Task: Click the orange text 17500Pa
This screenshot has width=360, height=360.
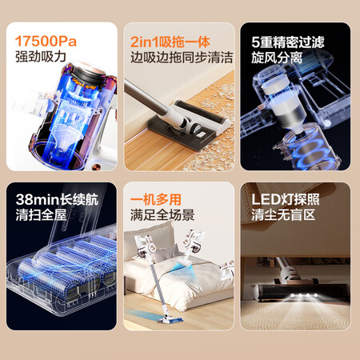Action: [46, 42]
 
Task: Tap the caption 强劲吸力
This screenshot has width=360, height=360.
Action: [41, 57]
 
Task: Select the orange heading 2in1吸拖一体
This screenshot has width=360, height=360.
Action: [170, 42]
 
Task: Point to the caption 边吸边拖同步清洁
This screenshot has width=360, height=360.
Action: [182, 58]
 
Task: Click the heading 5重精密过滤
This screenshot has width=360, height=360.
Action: [288, 42]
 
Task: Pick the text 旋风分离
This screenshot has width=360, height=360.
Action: [277, 58]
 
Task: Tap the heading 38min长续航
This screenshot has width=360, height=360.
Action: [57, 199]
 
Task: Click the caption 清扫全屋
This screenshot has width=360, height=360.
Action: [41, 214]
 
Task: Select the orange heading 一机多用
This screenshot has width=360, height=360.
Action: [156, 199]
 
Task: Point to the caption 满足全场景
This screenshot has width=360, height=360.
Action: [162, 214]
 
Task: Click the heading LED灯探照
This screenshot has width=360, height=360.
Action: [286, 199]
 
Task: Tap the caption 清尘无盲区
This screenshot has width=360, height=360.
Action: [283, 214]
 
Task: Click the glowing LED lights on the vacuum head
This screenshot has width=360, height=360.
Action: [304, 295]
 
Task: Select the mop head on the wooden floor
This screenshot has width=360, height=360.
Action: [190, 122]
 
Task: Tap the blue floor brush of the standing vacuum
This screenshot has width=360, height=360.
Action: [170, 319]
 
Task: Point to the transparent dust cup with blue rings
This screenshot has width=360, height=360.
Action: [306, 150]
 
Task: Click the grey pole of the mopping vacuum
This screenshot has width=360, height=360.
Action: [146, 98]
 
